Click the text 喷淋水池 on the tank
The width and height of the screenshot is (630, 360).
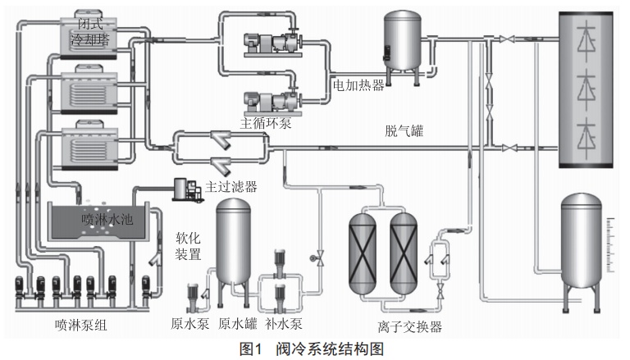point(107,220)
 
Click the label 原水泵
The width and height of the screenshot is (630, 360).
point(191,324)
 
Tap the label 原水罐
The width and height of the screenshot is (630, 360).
point(238,324)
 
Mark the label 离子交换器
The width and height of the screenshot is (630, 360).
point(408,327)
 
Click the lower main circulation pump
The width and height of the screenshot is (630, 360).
point(271,100)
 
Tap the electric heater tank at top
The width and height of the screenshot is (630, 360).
point(404,43)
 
